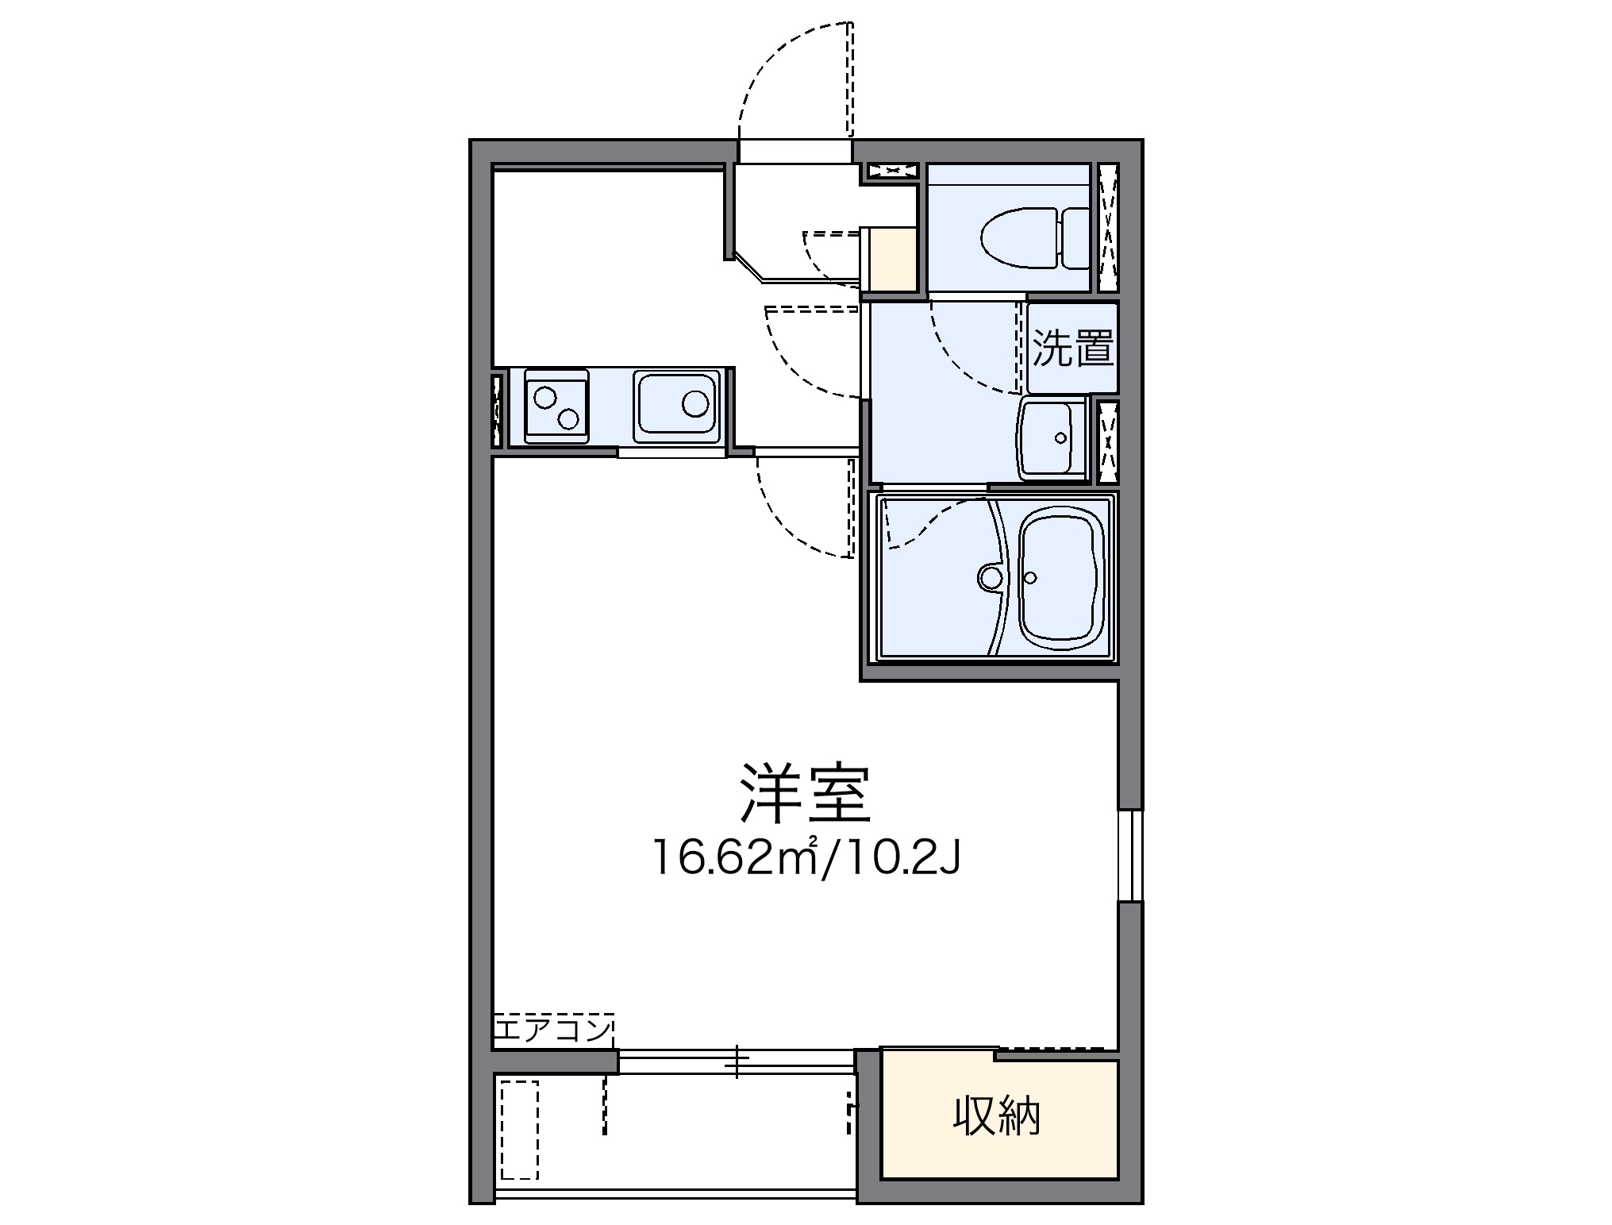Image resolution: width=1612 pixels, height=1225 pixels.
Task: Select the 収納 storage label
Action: pos(996,1116)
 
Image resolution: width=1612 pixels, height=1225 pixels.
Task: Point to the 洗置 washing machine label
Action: pos(1072,348)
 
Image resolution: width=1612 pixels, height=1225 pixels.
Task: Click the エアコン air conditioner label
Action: pos(552,1030)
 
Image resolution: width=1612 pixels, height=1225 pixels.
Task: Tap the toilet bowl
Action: pos(1019,237)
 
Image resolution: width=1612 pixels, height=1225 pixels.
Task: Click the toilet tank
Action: pos(1075,237)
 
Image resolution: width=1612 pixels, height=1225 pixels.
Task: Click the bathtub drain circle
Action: pos(1031,577)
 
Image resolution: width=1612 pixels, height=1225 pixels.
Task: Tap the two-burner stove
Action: pos(556,406)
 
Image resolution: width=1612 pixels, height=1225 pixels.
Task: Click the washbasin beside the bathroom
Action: pos(1052,438)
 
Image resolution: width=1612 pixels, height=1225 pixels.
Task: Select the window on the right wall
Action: pos(1130,855)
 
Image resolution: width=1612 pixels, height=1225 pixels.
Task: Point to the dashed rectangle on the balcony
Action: pos(519,1140)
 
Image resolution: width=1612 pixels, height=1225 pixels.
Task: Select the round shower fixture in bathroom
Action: pos(991,577)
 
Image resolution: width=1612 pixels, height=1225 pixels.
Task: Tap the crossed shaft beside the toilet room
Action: pos(1108,228)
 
